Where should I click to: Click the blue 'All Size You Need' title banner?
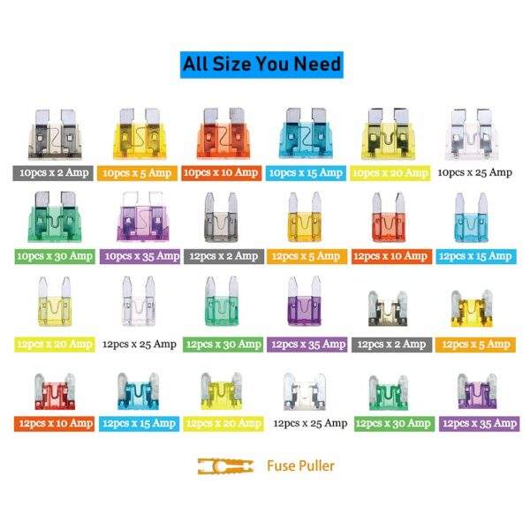click(x=261, y=64)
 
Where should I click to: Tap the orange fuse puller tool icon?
click(x=225, y=466)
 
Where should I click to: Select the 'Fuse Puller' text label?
click(x=300, y=466)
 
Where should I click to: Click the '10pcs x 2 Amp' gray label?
click(x=53, y=173)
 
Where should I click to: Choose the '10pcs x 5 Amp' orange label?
click(x=137, y=173)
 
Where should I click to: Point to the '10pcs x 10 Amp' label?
click(x=222, y=173)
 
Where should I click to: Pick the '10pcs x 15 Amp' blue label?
click(x=306, y=173)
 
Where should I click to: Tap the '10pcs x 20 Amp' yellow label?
click(x=390, y=173)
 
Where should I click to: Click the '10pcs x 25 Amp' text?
click(x=475, y=173)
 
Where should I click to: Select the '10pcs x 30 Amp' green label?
click(x=55, y=256)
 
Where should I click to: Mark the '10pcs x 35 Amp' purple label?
click(x=140, y=256)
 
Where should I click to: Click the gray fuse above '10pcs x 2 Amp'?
click(x=55, y=134)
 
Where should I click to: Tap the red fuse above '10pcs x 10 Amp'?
click(x=223, y=133)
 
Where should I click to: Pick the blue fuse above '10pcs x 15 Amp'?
click(x=306, y=133)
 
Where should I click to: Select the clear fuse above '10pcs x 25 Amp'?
click(x=472, y=134)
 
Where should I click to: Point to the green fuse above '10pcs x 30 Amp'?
click(x=55, y=216)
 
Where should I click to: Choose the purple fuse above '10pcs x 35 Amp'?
click(x=142, y=216)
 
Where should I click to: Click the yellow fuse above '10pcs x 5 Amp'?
click(x=140, y=133)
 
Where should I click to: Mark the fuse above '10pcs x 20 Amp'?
click(x=389, y=134)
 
